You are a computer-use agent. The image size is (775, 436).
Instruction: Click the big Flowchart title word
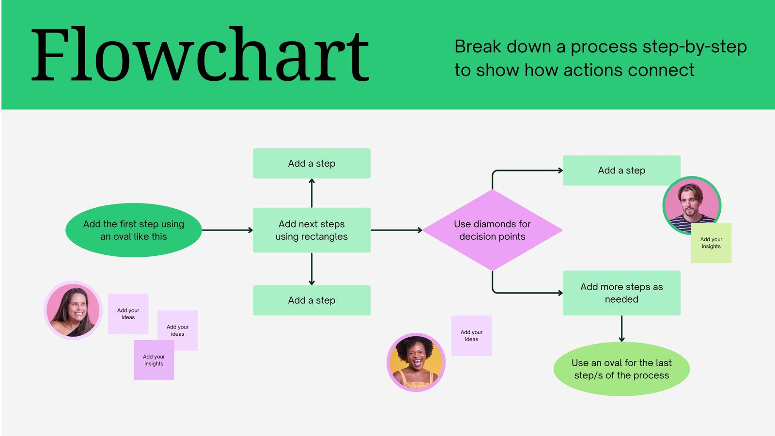pos(200,55)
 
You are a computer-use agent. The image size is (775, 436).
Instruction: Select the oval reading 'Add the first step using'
pos(134,230)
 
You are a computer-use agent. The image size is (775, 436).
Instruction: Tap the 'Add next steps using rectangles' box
pos(311,230)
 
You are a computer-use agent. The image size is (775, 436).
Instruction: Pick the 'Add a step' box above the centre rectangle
pos(311,163)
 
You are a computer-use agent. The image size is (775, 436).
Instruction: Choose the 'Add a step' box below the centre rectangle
pos(311,300)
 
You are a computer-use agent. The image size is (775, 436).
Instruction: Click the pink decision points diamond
pos(492,230)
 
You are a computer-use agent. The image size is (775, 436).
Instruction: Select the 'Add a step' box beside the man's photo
pos(621,170)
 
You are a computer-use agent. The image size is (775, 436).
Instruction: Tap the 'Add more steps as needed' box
pos(621,293)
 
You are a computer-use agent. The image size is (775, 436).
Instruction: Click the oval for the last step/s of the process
pos(621,369)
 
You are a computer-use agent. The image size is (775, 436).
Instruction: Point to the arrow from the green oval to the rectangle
pos(227,230)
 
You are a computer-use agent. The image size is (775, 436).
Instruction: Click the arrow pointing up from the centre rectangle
pos(311,193)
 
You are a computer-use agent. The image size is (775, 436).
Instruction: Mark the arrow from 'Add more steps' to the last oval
pos(621,328)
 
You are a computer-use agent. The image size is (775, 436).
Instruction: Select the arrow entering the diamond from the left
pos(396,230)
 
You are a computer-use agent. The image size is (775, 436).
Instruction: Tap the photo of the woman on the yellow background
pos(416,362)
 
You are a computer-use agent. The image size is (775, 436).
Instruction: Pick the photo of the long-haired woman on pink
pos(73,310)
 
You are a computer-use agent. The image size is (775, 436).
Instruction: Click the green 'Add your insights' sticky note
pos(711,243)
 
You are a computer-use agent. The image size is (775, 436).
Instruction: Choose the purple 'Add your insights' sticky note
pos(154,360)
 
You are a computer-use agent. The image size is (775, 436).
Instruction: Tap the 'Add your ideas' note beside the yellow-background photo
pos(471,336)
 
